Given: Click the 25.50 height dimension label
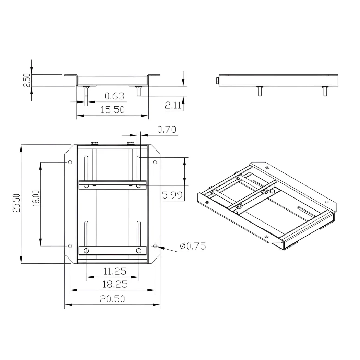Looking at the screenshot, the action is click(x=16, y=203).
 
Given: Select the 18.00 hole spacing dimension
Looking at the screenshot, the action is click(x=36, y=198).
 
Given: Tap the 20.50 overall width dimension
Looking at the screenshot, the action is click(x=112, y=299).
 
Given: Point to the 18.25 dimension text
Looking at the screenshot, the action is click(x=115, y=285).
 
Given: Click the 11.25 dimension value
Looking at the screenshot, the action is click(x=115, y=272).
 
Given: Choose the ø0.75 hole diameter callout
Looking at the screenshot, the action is click(x=193, y=246).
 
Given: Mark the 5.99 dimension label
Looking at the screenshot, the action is click(x=172, y=195).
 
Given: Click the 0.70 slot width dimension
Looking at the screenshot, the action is click(x=167, y=130).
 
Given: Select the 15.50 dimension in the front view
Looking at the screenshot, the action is click(x=112, y=110).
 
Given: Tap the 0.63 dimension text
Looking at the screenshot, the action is click(x=115, y=96).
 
